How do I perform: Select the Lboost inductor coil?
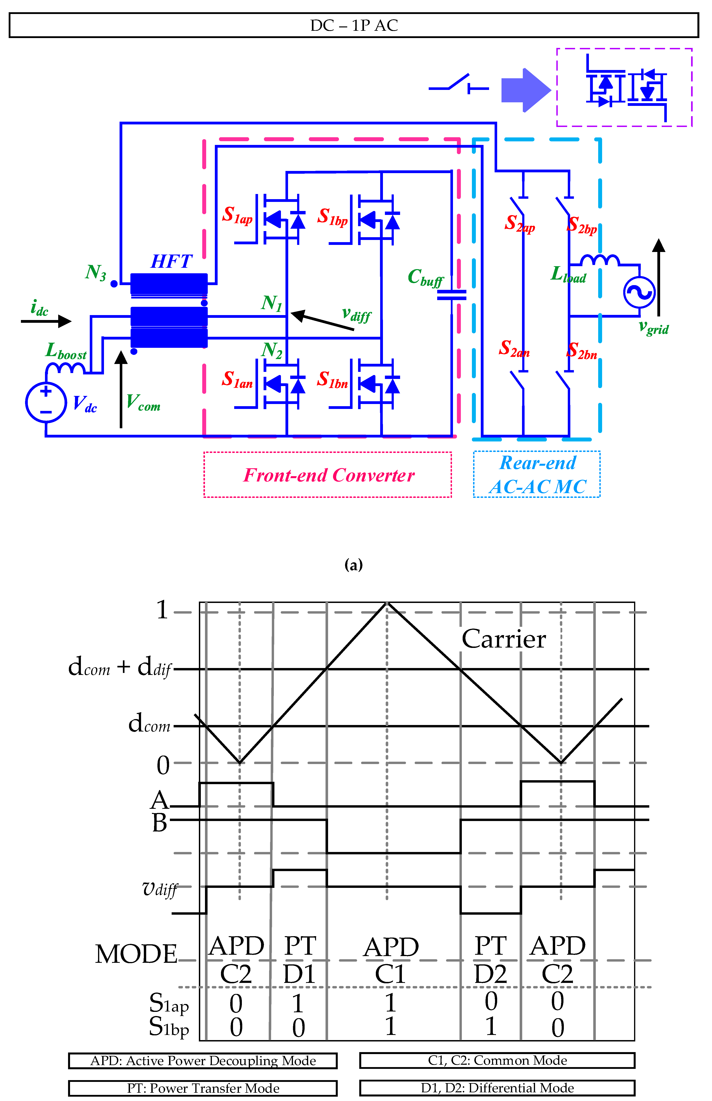(65, 368)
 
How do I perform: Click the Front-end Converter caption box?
(328, 475)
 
